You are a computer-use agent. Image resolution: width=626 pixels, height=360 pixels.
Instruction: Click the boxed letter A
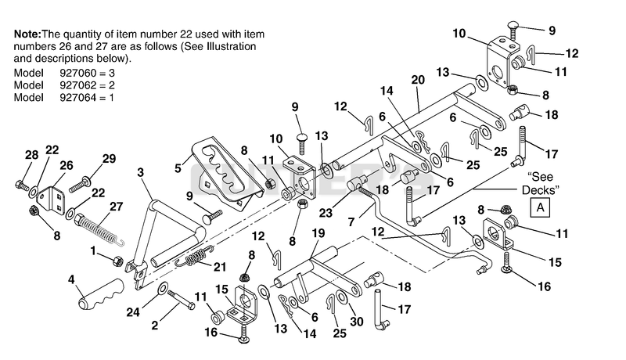(540, 207)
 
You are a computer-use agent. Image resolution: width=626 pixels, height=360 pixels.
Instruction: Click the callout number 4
(71, 279)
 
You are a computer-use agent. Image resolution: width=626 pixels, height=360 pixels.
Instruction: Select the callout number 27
(116, 207)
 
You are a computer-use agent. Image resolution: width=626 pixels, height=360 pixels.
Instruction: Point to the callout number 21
(220, 267)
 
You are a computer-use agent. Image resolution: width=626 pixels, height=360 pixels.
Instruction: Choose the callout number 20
(418, 80)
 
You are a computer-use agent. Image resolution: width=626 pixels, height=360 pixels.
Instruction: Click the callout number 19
(318, 233)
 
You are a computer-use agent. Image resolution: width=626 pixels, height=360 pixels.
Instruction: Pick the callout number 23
(326, 213)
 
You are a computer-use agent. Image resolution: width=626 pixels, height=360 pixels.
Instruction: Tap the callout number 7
(351, 222)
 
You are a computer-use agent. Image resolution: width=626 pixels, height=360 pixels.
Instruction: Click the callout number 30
(357, 322)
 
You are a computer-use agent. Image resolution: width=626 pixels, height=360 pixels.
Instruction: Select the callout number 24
(133, 311)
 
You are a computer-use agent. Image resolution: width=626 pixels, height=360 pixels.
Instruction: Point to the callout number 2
(155, 326)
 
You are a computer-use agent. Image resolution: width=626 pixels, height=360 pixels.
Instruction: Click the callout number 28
(32, 155)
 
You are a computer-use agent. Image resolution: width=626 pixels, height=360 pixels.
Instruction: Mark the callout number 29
(109, 158)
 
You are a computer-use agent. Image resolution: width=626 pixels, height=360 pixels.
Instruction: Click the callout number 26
(67, 165)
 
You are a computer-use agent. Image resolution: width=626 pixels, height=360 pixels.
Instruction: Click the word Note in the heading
(27, 34)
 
